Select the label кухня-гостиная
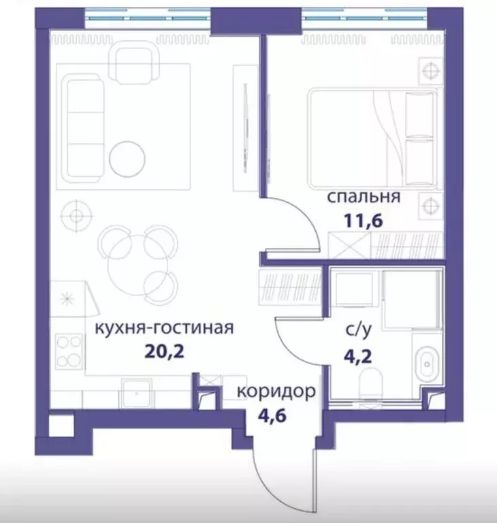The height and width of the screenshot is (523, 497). pyautogui.click(x=164, y=328)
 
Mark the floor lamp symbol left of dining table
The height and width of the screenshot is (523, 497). pyautogui.click(x=76, y=216)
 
